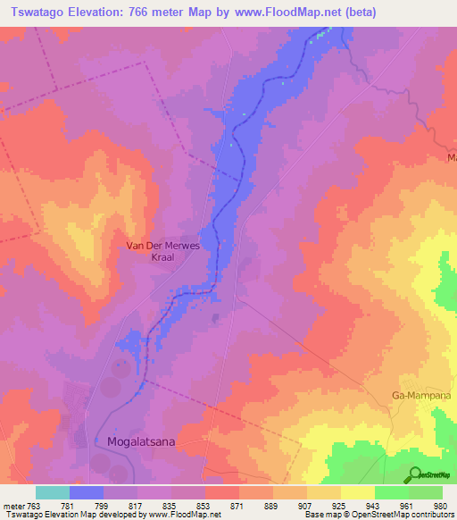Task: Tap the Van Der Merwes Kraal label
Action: point(161,249)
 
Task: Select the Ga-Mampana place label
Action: point(421,394)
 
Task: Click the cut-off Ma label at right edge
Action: point(451,157)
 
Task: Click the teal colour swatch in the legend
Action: point(53,492)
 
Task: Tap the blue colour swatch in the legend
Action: point(87,492)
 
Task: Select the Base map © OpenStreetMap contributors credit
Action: point(378,516)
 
